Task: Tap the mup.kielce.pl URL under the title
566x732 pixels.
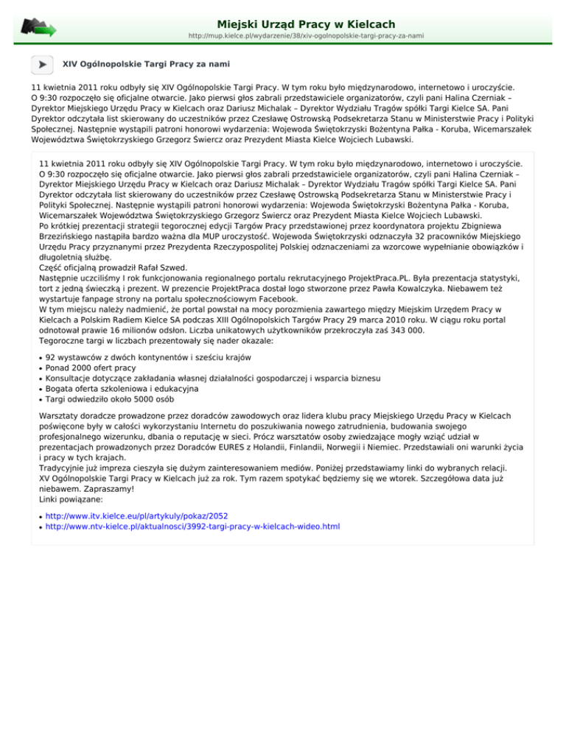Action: [306, 35]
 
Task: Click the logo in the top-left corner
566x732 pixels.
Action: [38, 27]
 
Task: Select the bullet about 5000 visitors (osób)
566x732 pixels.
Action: [109, 398]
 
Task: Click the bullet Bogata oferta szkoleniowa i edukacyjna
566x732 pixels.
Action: [122, 388]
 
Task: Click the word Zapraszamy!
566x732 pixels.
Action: [95, 508]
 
